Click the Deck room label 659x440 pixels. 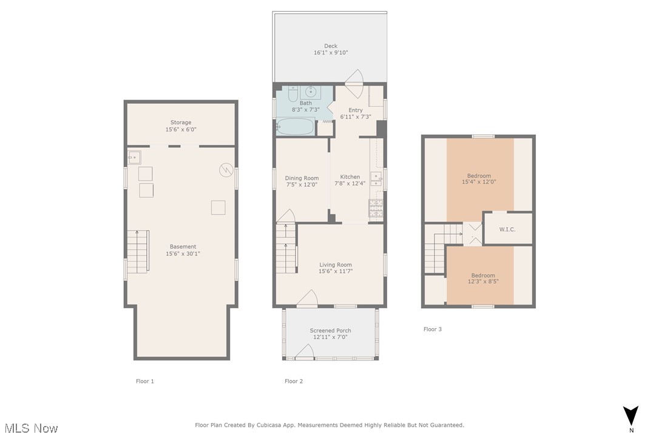click(x=330, y=46)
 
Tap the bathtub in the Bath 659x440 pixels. click(x=296, y=127)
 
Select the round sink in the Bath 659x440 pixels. click(x=311, y=92)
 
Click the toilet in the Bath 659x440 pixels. click(x=292, y=94)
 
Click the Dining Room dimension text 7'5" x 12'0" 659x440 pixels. click(x=302, y=184)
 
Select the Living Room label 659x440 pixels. click(x=336, y=265)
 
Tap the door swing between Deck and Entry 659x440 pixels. click(x=354, y=76)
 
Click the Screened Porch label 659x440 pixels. click(x=330, y=331)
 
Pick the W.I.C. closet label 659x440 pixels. click(x=507, y=229)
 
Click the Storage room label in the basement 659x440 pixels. click(x=180, y=123)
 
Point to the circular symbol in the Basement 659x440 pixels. click(x=226, y=170)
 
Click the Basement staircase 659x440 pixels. click(x=138, y=250)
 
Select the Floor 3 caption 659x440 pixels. click(x=433, y=329)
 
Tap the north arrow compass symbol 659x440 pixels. click(x=631, y=416)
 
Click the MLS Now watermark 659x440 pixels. click(x=29, y=428)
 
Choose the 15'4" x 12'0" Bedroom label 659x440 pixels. click(x=479, y=176)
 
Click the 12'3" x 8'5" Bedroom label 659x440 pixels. click(x=483, y=275)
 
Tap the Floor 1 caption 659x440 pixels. click(x=144, y=381)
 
